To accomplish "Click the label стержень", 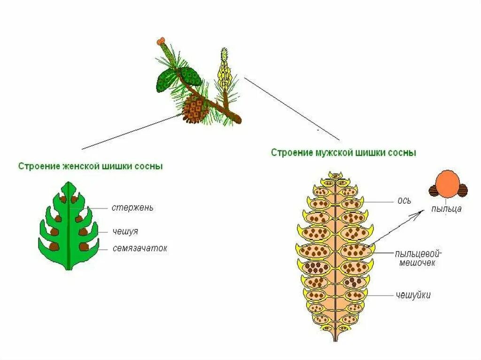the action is click(132, 207).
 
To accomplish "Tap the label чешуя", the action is click(125, 231).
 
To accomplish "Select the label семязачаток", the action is click(140, 248).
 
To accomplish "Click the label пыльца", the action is click(446, 209).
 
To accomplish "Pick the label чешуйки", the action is click(413, 295).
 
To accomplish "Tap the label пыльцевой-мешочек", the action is click(417, 258).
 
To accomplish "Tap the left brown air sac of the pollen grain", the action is click(434, 190).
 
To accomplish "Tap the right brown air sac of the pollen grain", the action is click(463, 190).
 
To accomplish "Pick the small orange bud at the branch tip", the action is click(161, 41).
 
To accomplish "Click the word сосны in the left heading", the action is click(150, 166).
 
